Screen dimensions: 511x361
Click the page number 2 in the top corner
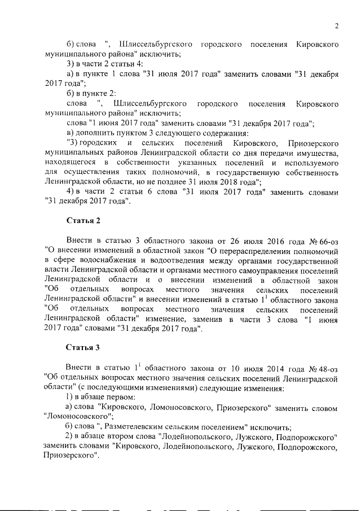336,25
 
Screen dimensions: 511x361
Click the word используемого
311,163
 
